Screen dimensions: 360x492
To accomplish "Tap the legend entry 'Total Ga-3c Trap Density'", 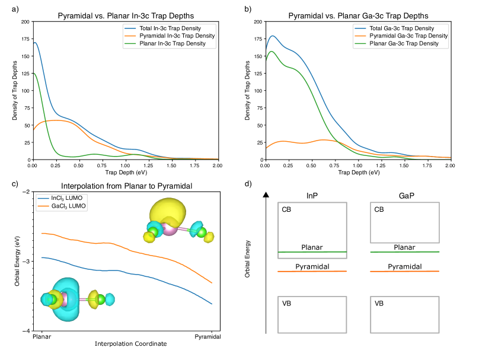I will pos(401,28).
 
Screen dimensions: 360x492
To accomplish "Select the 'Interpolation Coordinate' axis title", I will pos(126,343).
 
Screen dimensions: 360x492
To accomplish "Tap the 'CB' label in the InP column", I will pos(287,209).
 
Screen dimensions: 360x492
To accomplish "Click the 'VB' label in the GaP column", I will pos(379,304).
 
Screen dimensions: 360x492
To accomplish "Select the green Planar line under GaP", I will pos(404,252).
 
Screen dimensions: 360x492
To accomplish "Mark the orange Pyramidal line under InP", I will pos(312,272).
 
